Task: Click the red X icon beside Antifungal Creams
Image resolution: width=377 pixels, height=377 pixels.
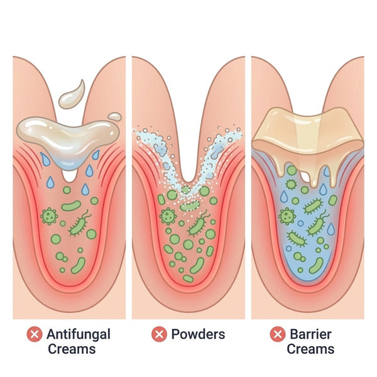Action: click(x=35, y=334)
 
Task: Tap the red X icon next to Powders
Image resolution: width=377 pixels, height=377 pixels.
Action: click(x=159, y=334)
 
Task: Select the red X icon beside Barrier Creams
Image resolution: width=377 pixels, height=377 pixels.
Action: click(x=278, y=334)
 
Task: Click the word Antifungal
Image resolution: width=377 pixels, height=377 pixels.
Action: click(x=79, y=335)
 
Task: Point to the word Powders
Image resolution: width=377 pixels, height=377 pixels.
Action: click(x=198, y=334)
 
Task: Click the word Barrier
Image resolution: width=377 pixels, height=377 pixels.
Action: click(x=310, y=334)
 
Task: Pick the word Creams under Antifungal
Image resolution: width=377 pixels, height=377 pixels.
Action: click(x=72, y=349)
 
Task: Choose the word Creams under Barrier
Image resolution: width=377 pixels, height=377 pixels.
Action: click(x=310, y=349)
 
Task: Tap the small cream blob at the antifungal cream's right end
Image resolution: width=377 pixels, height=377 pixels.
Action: click(x=115, y=116)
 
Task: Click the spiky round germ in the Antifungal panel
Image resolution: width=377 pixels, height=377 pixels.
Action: click(x=49, y=216)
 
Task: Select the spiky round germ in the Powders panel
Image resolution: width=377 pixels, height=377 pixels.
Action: click(x=168, y=216)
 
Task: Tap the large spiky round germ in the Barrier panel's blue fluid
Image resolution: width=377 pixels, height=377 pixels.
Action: click(x=287, y=216)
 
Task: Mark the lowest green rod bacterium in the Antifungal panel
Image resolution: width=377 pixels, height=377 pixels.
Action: click(x=79, y=265)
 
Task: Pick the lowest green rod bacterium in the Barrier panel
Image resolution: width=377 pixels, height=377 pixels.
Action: click(x=316, y=265)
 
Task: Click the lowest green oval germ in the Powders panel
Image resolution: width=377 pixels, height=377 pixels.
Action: click(x=188, y=278)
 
